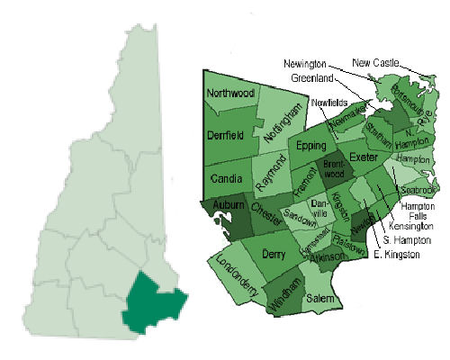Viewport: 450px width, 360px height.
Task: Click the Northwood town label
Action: coord(231,94)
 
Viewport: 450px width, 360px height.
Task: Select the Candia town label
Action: coord(225,179)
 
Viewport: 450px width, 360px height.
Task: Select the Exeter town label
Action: coord(364,157)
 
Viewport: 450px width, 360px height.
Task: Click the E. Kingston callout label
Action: coord(396,256)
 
